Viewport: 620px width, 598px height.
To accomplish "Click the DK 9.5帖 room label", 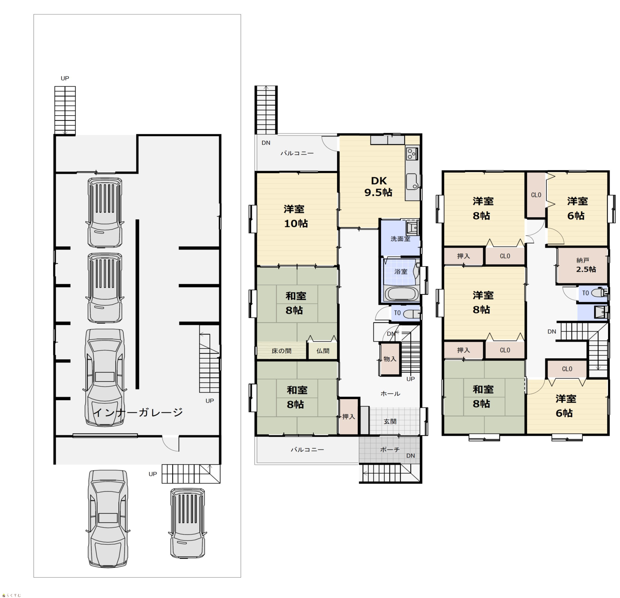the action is click(x=378, y=187).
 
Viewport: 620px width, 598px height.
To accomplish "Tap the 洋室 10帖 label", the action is click(x=296, y=216).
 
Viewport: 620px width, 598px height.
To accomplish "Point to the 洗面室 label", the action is click(x=400, y=239).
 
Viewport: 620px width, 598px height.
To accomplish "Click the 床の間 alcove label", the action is click(x=281, y=351).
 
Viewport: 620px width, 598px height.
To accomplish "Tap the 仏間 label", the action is click(x=323, y=351).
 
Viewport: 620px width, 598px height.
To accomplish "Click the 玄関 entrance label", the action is click(x=390, y=421).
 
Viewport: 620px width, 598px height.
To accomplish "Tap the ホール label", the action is click(x=390, y=394).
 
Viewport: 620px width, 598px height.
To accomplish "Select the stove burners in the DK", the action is click(x=412, y=154).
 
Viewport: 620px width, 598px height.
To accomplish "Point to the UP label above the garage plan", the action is click(x=65, y=78).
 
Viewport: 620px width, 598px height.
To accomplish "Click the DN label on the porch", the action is click(x=411, y=456).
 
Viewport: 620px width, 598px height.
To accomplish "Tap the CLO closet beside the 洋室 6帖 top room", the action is click(x=536, y=195).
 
